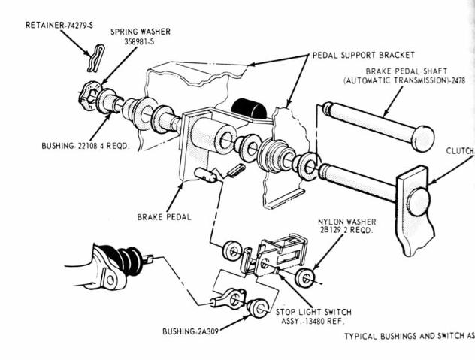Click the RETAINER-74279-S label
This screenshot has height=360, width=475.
tap(59, 25)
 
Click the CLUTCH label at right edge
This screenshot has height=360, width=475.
tap(459, 150)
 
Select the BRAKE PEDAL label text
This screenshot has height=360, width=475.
tap(165, 217)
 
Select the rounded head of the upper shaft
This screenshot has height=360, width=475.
tap(423, 138)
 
